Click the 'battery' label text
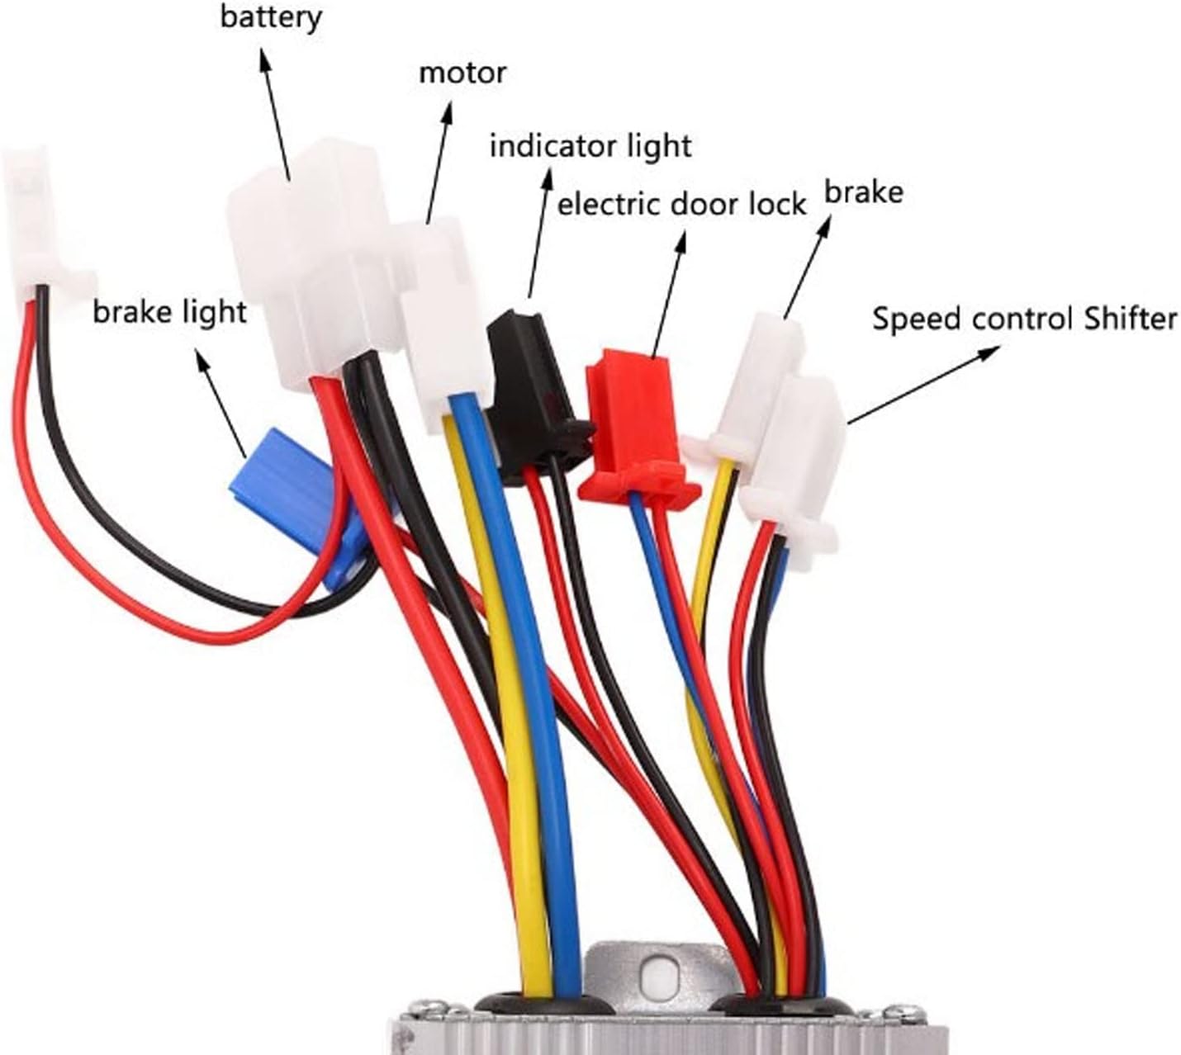(x=270, y=17)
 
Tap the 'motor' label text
(x=462, y=73)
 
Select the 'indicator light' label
(x=590, y=146)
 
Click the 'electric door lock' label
(x=681, y=203)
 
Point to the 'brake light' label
(x=169, y=312)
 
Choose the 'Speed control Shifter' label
(x=1024, y=318)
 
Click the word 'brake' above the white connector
(x=863, y=192)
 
